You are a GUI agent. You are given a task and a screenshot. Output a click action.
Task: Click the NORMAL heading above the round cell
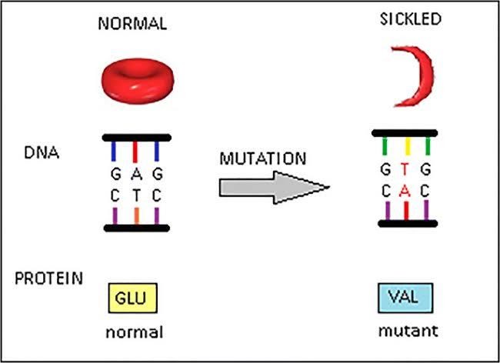tap(132, 24)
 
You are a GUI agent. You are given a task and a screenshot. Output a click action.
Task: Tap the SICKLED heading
tap(411, 19)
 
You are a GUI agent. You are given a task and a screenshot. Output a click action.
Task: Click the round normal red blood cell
tap(138, 81)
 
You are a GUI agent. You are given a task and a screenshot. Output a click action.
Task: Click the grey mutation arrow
tap(275, 188)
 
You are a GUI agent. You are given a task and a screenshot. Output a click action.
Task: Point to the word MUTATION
tap(263, 158)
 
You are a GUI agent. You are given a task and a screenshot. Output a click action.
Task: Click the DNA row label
tap(42, 153)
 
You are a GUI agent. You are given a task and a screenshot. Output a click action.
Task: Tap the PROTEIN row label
tap(48, 278)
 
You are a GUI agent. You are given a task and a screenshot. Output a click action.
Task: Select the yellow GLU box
tap(132, 298)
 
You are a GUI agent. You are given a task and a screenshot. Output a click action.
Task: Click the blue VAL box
tap(405, 298)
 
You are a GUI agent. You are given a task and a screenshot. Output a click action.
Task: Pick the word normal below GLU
tap(135, 333)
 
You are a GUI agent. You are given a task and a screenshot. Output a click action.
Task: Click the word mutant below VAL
tap(408, 331)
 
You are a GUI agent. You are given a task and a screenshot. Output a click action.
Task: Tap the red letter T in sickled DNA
tap(405, 170)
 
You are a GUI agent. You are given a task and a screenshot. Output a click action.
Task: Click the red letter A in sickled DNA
tap(405, 191)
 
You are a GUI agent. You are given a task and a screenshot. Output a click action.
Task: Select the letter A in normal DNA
tap(136, 174)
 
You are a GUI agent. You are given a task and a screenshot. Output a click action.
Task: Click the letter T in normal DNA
tap(136, 195)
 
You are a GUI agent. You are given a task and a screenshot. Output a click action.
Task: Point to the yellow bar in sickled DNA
tap(407, 146)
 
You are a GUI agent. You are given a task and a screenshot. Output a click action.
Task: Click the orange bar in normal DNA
tap(136, 216)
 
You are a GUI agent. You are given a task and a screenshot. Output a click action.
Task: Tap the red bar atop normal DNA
tap(135, 152)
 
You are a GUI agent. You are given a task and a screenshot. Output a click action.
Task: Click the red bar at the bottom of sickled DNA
tap(406, 211)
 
